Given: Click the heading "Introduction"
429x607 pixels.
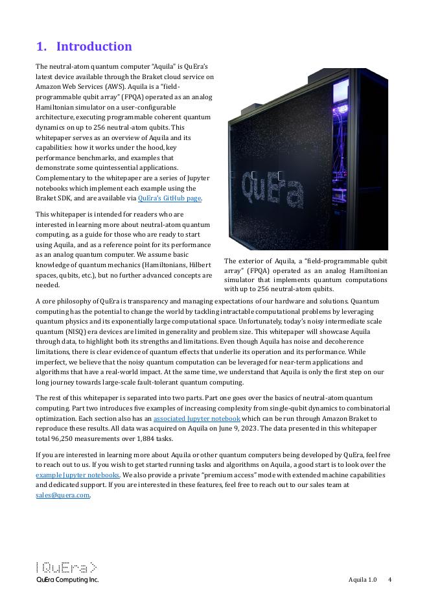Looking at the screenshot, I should (x=94, y=47).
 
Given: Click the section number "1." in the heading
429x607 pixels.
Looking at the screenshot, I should (x=41, y=47).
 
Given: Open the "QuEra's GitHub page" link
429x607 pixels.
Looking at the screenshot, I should (x=170, y=198).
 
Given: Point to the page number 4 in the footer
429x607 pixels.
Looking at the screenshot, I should (x=389, y=579).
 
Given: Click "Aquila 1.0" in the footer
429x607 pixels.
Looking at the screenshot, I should (x=362, y=579).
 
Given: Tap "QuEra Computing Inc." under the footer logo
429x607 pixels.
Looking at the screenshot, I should (x=67, y=580).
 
